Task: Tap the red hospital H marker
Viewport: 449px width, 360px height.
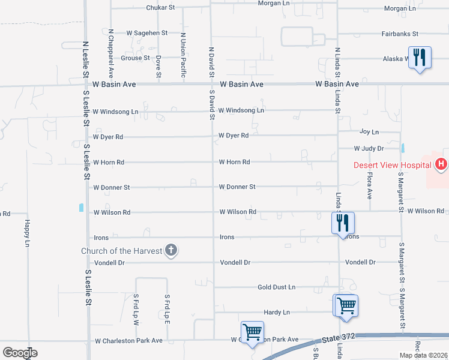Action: (x=441, y=164)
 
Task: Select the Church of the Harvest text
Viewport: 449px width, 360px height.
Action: (x=122, y=251)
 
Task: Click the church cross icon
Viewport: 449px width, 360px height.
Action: (x=171, y=250)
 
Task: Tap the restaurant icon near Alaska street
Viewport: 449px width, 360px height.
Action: (x=420, y=58)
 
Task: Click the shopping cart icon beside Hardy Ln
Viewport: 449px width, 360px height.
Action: (x=346, y=305)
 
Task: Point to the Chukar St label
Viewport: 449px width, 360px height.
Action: (x=160, y=8)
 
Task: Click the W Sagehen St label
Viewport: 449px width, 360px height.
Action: (x=146, y=33)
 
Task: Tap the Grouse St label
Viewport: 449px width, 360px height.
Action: (x=135, y=58)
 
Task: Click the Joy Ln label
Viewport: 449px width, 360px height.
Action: (x=369, y=131)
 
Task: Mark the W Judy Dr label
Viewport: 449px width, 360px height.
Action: (x=369, y=148)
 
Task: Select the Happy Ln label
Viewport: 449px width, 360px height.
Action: (x=27, y=233)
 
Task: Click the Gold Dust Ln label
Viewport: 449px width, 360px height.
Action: (x=277, y=287)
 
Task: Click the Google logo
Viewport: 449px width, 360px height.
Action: (x=19, y=353)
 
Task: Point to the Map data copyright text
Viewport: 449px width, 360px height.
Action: (x=423, y=355)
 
